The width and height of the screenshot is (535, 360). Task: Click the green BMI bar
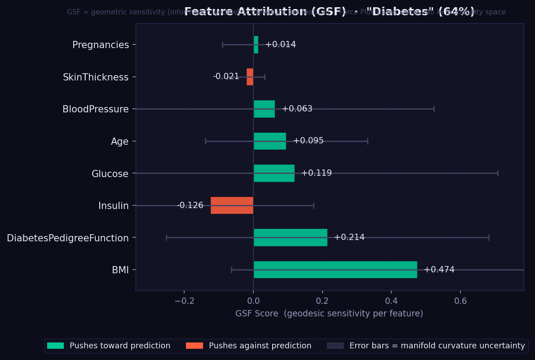pyautogui.click(x=335, y=270)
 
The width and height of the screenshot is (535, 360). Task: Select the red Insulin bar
pyautogui.click(x=232, y=205)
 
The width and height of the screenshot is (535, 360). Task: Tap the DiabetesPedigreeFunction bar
pyautogui.click(x=290, y=237)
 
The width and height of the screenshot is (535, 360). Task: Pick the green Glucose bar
pyautogui.click(x=274, y=173)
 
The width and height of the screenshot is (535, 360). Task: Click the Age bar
pyautogui.click(x=270, y=141)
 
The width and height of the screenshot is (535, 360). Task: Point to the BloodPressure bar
pyautogui.click(x=264, y=109)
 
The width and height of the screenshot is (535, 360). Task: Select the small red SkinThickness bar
pyautogui.click(x=250, y=77)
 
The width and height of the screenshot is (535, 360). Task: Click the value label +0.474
pyautogui.click(x=439, y=270)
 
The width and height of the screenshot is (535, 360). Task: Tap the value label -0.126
pyautogui.click(x=190, y=205)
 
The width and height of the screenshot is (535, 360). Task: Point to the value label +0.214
pyautogui.click(x=349, y=237)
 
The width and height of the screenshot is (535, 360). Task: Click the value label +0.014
pyautogui.click(x=280, y=44)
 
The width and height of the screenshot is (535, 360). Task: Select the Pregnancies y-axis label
pyautogui.click(x=101, y=45)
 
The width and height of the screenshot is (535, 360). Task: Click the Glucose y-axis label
pyautogui.click(x=110, y=174)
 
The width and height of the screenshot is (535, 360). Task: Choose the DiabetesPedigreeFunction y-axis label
pyautogui.click(x=68, y=238)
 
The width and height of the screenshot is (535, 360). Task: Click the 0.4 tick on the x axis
pyautogui.click(x=391, y=301)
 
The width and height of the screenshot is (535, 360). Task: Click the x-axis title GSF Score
pyautogui.click(x=329, y=314)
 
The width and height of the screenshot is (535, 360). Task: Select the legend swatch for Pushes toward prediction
pyautogui.click(x=55, y=346)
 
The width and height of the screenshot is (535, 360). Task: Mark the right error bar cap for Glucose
pyautogui.click(x=498, y=173)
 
